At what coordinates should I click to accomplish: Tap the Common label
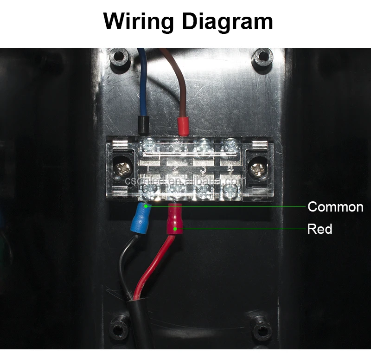[335, 207]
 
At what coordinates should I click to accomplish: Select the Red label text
[320, 229]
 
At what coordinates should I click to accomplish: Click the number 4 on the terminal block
[230, 165]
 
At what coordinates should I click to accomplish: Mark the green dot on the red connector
[175, 228]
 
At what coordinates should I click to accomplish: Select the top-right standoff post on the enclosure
[262, 58]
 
